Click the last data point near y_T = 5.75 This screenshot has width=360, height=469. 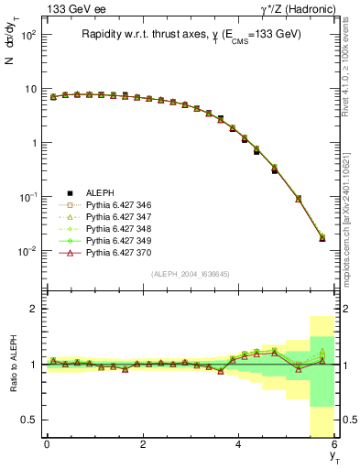coord(322,237)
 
